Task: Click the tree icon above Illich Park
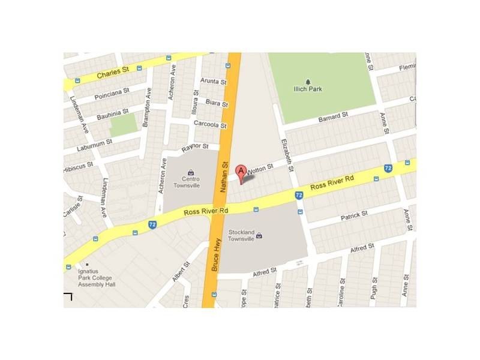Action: pos(308,81)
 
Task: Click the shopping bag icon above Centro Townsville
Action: pos(191,173)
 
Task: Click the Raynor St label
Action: pos(194,146)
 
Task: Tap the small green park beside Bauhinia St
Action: pos(123,125)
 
